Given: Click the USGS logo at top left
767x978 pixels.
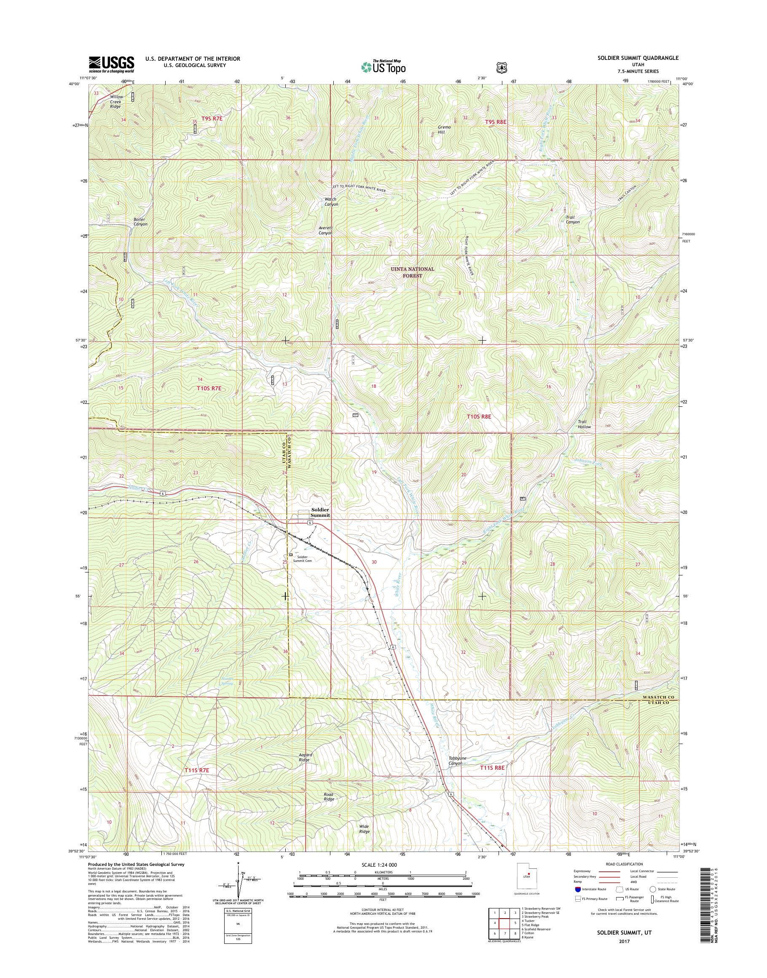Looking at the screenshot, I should (111, 64).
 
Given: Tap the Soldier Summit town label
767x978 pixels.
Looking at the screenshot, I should (321, 513).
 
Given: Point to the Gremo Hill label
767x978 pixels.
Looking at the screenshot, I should (444, 130).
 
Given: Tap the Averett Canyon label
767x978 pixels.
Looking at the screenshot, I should (326, 230).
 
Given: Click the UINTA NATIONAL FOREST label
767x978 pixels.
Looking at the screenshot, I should (412, 272).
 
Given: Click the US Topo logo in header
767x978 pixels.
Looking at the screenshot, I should (383, 67).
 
